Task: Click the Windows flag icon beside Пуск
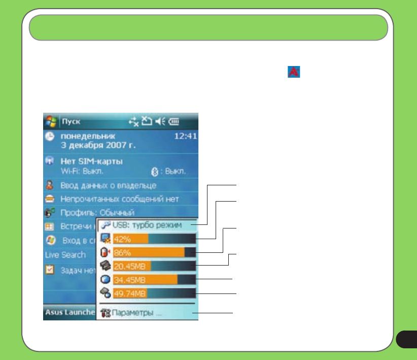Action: tap(51, 122)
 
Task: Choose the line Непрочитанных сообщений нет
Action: tap(120, 200)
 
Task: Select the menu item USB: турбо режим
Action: tap(147, 225)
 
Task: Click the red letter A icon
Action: tap(293, 72)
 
